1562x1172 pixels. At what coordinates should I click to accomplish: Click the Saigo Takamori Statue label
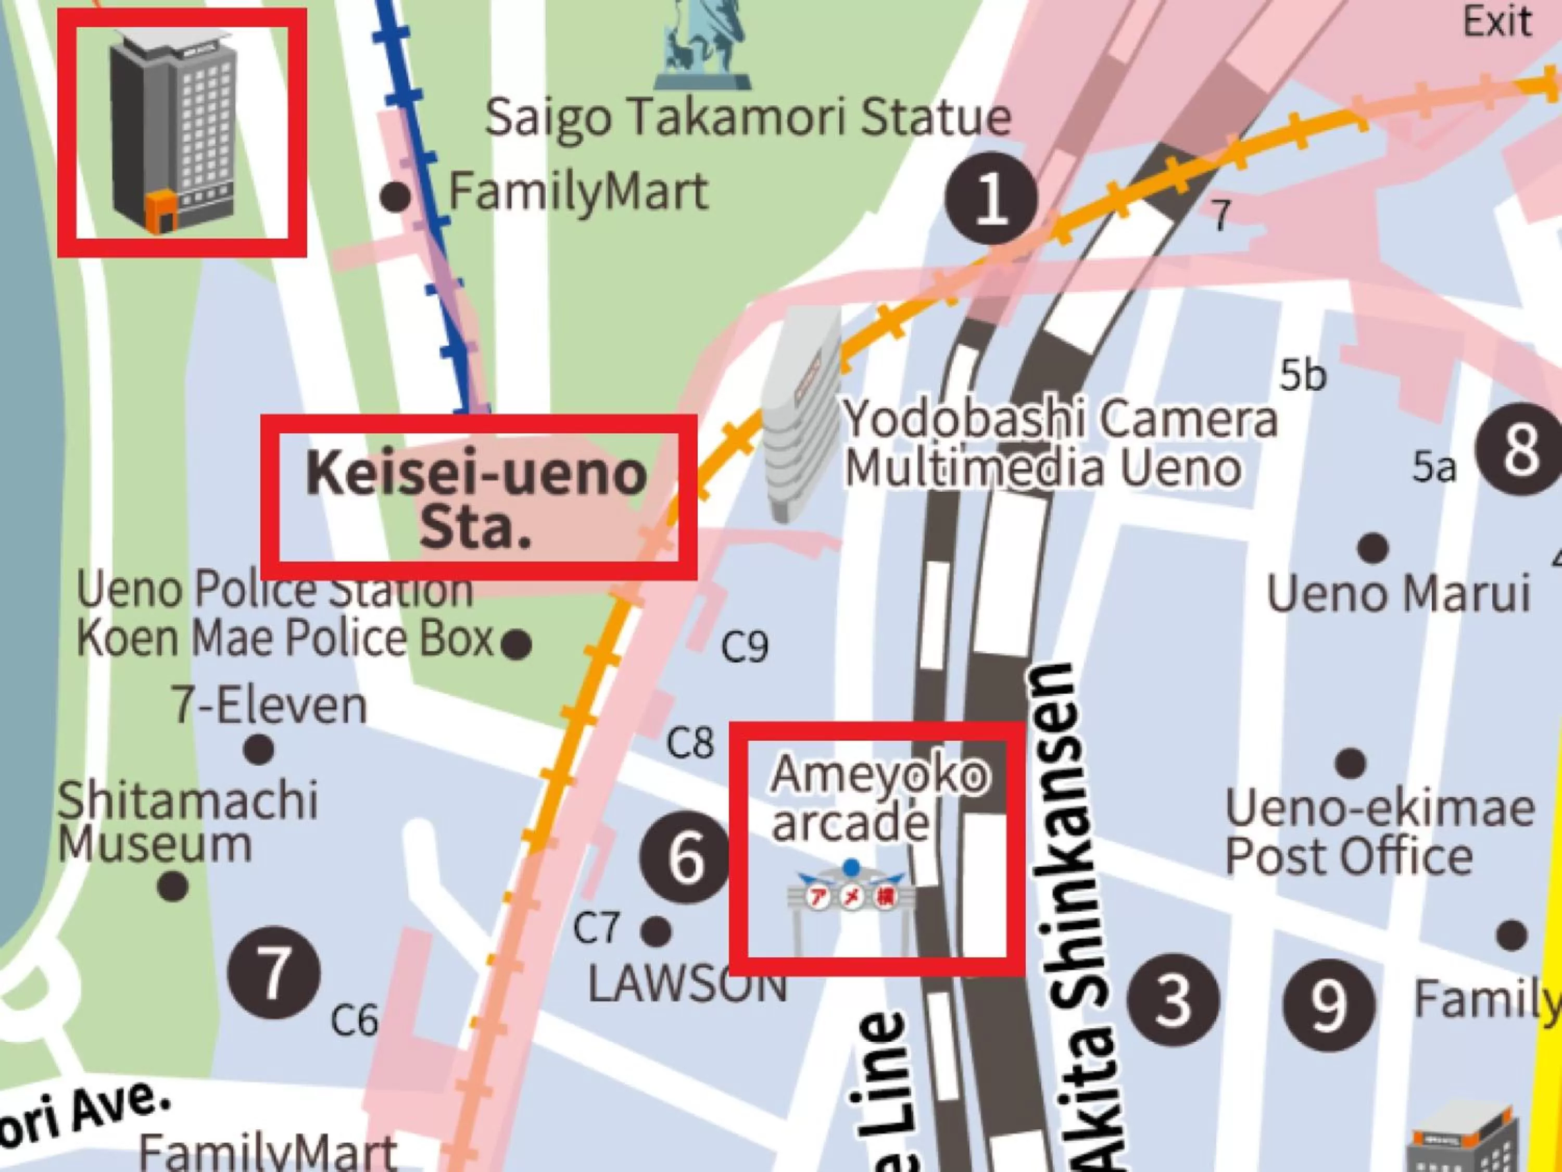click(x=747, y=118)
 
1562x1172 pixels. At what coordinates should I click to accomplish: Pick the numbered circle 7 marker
click(x=274, y=974)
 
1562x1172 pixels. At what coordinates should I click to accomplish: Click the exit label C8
click(x=690, y=743)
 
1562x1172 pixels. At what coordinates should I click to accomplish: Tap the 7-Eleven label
click(x=270, y=706)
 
